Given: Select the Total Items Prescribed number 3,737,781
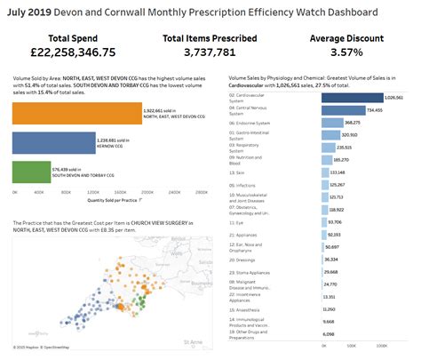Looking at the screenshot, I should click(210, 54).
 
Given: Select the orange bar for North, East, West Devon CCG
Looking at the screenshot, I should click(77, 113).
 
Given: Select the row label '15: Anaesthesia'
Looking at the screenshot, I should click(245, 308).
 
